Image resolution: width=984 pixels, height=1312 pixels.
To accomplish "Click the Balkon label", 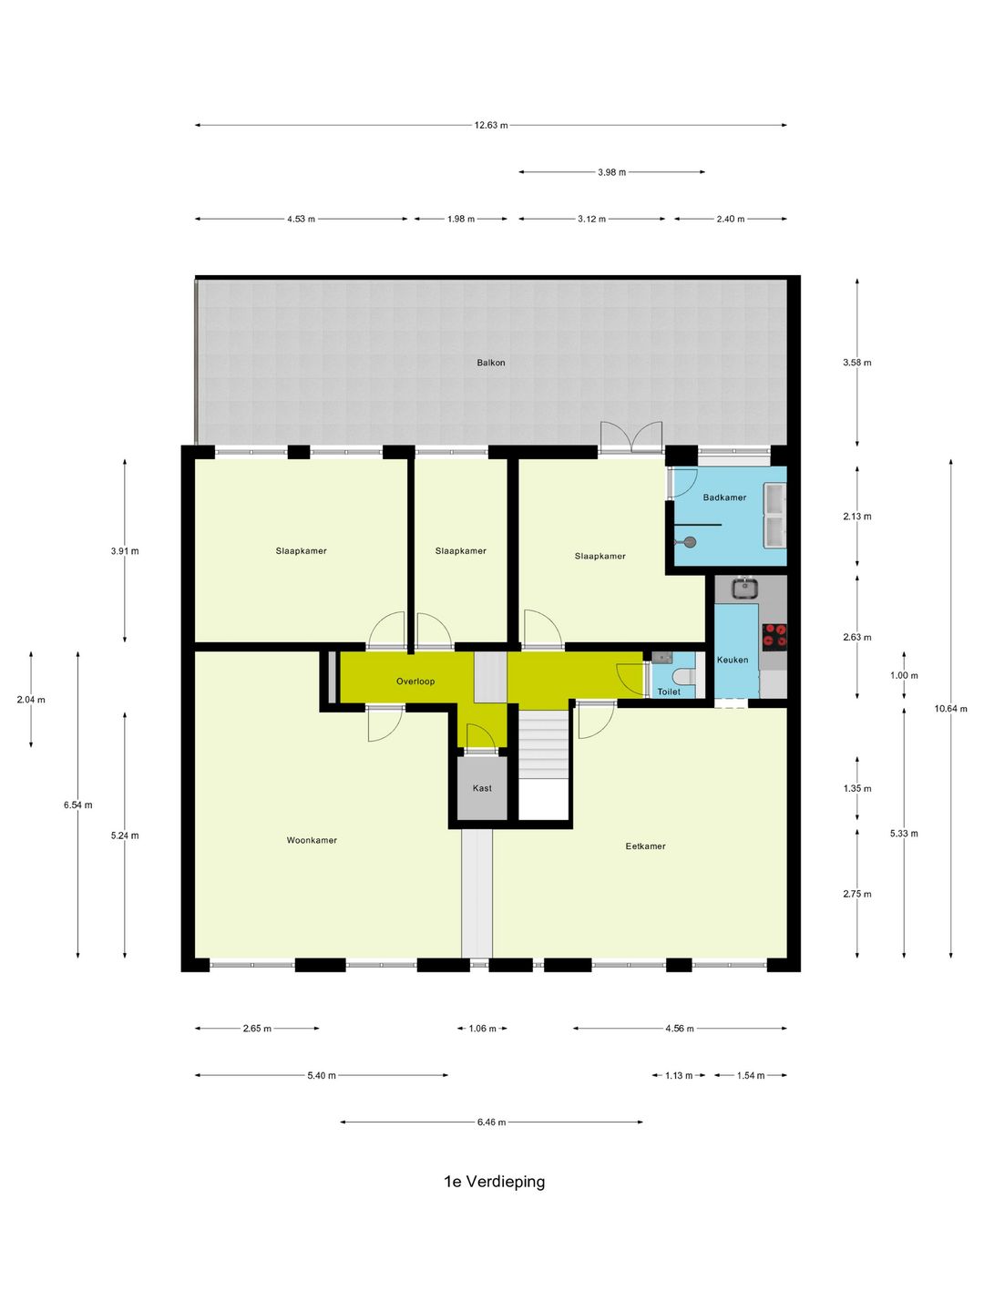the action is pos(490,363).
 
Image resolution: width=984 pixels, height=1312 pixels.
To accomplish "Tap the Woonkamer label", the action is pos(312,840).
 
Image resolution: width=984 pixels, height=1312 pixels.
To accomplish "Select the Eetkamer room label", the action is pos(645,846).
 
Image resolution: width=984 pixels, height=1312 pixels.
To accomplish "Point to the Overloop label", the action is pos(415,681).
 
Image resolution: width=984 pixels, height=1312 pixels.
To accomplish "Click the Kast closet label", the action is pos(482,788).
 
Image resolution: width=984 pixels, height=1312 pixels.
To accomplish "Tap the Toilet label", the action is pos(669,692).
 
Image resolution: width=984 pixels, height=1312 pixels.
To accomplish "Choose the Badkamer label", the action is pos(724,497).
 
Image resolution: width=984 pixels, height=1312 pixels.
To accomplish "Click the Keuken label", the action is pos(733,660).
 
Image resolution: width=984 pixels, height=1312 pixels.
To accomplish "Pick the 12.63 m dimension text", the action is pos(491,125).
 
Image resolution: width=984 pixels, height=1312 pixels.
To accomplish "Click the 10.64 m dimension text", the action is pos(950,708).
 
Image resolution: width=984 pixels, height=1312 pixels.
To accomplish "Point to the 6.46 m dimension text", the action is pos(491,1122).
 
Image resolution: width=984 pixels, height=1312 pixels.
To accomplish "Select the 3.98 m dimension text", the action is pos(611,172).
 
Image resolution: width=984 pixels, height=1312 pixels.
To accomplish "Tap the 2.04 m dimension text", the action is pos(31,700).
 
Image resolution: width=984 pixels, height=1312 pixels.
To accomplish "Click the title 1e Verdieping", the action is pos(494,1181).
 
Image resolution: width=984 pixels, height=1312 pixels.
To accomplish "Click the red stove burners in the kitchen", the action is pos(774,636).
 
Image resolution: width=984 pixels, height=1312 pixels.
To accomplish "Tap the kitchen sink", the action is pos(745,588).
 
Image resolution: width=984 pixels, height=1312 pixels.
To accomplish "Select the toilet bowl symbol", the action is pos(683,677).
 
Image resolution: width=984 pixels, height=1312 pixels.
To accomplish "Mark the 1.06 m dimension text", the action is pos(482,1028).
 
